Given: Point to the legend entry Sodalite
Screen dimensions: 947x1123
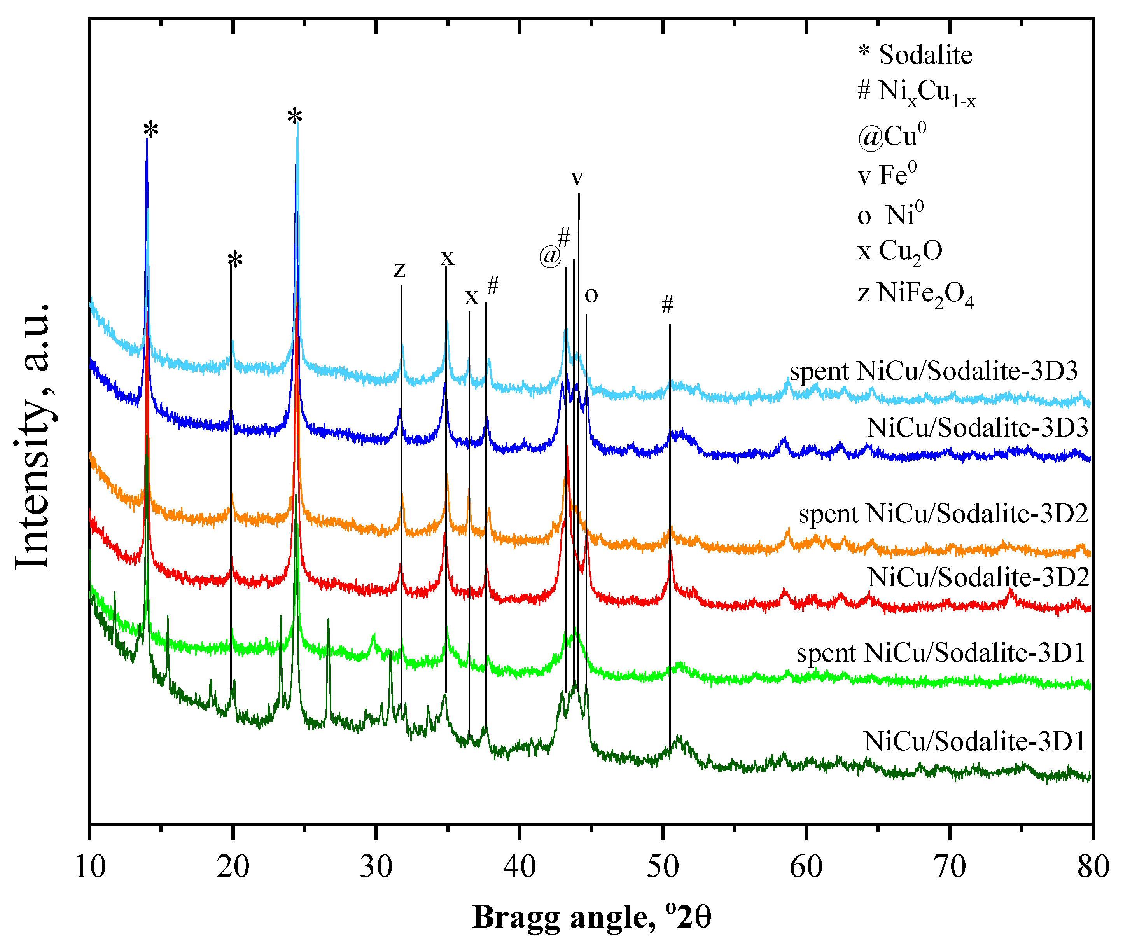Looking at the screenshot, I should click(x=916, y=55).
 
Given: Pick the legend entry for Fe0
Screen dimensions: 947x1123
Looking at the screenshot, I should click(x=887, y=175).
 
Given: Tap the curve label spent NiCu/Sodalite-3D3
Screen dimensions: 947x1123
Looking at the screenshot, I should click(x=933, y=372).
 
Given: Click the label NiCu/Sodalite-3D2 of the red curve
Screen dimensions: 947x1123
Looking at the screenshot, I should click(x=978, y=578).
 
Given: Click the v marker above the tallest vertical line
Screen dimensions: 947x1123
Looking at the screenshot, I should click(x=576, y=178).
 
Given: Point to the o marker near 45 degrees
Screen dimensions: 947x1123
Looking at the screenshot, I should click(x=591, y=295).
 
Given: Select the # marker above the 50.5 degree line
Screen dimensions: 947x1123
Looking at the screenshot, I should click(x=667, y=305).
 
